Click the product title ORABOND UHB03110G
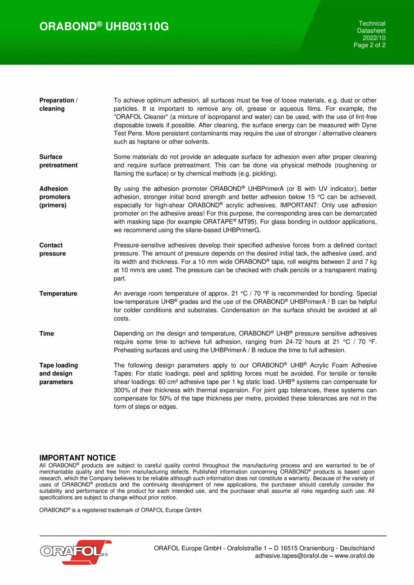(x=104, y=27)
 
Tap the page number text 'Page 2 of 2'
(x=370, y=45)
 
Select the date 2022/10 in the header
(x=374, y=38)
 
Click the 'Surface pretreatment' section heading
(x=58, y=161)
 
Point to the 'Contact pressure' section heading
(x=52, y=249)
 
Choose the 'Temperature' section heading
(x=58, y=293)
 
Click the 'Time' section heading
(x=46, y=333)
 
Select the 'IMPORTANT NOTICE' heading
(x=77, y=458)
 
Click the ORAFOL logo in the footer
(x=74, y=552)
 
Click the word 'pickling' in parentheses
(x=263, y=173)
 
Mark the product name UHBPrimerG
(x=243, y=230)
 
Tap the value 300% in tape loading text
(x=121, y=390)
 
